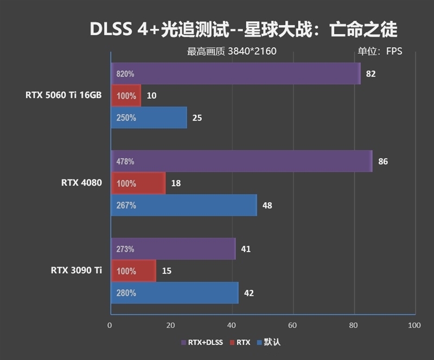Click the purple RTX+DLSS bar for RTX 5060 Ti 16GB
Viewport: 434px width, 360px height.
pos(235,74)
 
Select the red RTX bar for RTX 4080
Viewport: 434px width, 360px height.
pos(138,184)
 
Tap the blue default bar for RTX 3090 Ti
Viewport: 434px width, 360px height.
pos(174,293)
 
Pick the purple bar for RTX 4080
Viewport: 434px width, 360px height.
pos(241,161)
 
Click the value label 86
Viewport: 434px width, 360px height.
pos(383,161)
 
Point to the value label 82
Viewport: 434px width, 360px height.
pos(371,74)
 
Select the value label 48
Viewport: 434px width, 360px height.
pos(267,205)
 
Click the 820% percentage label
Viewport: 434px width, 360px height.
pos(125,74)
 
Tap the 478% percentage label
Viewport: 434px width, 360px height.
pos(125,161)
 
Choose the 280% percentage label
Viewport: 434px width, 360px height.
pos(126,293)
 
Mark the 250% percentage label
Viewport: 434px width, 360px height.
pos(126,118)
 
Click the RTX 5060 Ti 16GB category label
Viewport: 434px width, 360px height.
pos(63,95)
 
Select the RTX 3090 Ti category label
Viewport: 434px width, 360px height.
pos(76,270)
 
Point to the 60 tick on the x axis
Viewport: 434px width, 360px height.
pos(293,325)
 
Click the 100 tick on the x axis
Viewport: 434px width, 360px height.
pos(414,325)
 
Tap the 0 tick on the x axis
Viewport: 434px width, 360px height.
pos(110,325)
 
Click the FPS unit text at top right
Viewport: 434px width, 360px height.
pos(394,52)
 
